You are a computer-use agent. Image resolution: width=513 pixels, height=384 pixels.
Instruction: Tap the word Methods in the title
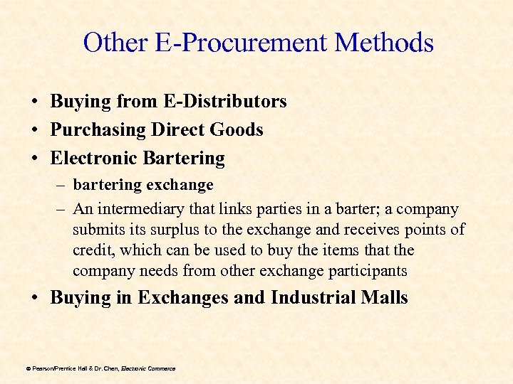point(384,43)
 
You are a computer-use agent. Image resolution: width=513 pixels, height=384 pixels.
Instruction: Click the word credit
point(93,250)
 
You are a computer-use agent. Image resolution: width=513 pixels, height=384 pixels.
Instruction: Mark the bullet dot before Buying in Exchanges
point(35,298)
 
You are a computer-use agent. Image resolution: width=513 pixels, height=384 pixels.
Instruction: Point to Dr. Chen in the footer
point(106,368)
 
